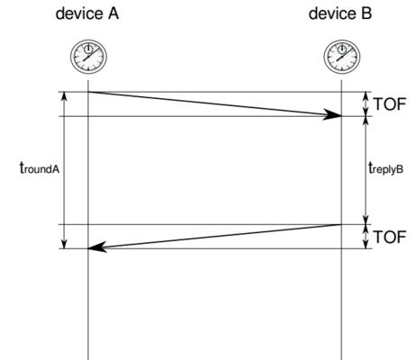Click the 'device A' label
[87, 13]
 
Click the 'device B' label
[340, 13]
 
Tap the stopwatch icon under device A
[88, 57]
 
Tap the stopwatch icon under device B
[342, 57]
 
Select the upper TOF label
[390, 104]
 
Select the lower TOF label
[390, 237]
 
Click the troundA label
[40, 167]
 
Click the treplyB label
[385, 167]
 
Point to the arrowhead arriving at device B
[332, 114]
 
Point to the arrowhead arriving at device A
[97, 247]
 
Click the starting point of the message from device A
[88, 92]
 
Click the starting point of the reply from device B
[341, 224]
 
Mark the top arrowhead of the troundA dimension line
[64, 96]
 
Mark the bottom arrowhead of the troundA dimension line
[64, 244]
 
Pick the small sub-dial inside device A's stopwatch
[88, 49]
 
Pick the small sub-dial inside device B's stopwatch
[342, 49]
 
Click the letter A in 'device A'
[113, 13]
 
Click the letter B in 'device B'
[366, 13]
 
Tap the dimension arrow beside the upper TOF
[366, 104]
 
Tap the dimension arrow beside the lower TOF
[366, 237]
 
